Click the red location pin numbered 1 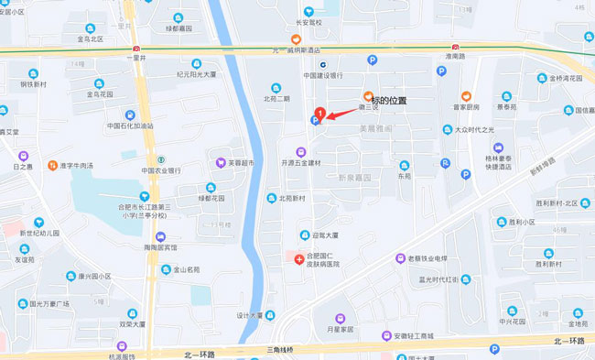(319, 114)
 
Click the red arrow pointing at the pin (343, 115)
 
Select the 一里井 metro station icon (136, 48)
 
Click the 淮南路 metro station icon (455, 48)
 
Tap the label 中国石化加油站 (130, 126)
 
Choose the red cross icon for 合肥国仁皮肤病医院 (299, 260)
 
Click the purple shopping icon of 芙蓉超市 (221, 163)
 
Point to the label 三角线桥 (284, 351)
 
